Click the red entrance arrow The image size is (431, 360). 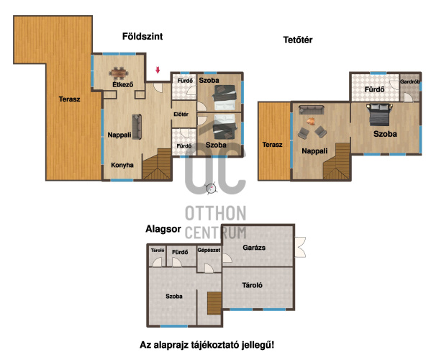click(158, 70)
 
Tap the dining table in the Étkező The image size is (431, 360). click(119, 73)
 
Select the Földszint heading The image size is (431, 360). click(142, 36)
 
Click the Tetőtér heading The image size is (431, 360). click(298, 40)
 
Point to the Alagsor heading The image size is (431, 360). click(163, 229)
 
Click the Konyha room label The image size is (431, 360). click(122, 165)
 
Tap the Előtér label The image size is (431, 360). click(181, 114)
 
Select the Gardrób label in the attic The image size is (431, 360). click(410, 81)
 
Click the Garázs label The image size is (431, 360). click(254, 248)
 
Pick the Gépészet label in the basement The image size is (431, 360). click(209, 251)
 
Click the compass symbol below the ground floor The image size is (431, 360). click(211, 189)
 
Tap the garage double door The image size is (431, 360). click(300, 247)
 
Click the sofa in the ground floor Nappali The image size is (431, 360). click(137, 127)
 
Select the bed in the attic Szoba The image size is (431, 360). click(379, 114)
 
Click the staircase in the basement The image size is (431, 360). click(214, 303)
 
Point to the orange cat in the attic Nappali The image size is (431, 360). click(311, 121)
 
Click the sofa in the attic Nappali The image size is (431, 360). click(312, 109)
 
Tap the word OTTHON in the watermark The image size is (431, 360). click(216, 213)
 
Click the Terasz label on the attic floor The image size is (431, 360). click(272, 145)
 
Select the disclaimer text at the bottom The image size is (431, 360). click(207, 345)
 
